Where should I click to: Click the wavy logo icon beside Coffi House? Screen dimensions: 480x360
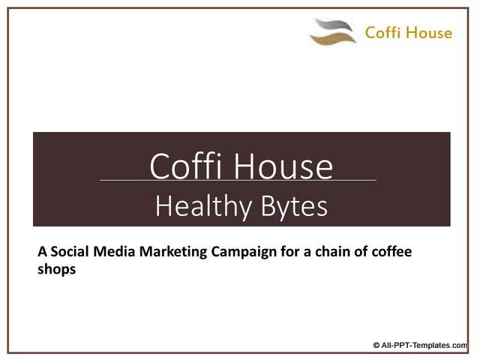333,31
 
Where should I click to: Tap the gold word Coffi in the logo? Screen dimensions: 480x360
383,32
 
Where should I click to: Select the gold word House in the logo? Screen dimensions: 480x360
430,32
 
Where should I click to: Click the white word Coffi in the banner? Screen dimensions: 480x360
185,166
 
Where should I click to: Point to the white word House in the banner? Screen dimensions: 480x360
283,166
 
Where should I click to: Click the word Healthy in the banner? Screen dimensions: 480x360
203,207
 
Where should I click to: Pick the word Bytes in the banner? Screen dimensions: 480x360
294,207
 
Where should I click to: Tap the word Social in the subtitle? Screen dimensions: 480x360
70,252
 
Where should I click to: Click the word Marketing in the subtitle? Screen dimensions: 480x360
173,253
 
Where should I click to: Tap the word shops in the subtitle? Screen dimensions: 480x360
57,270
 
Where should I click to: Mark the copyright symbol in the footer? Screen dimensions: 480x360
376,346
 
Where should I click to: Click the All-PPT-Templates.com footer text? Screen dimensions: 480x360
424,346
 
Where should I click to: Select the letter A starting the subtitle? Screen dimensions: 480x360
42,252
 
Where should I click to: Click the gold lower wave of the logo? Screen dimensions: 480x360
332,38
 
